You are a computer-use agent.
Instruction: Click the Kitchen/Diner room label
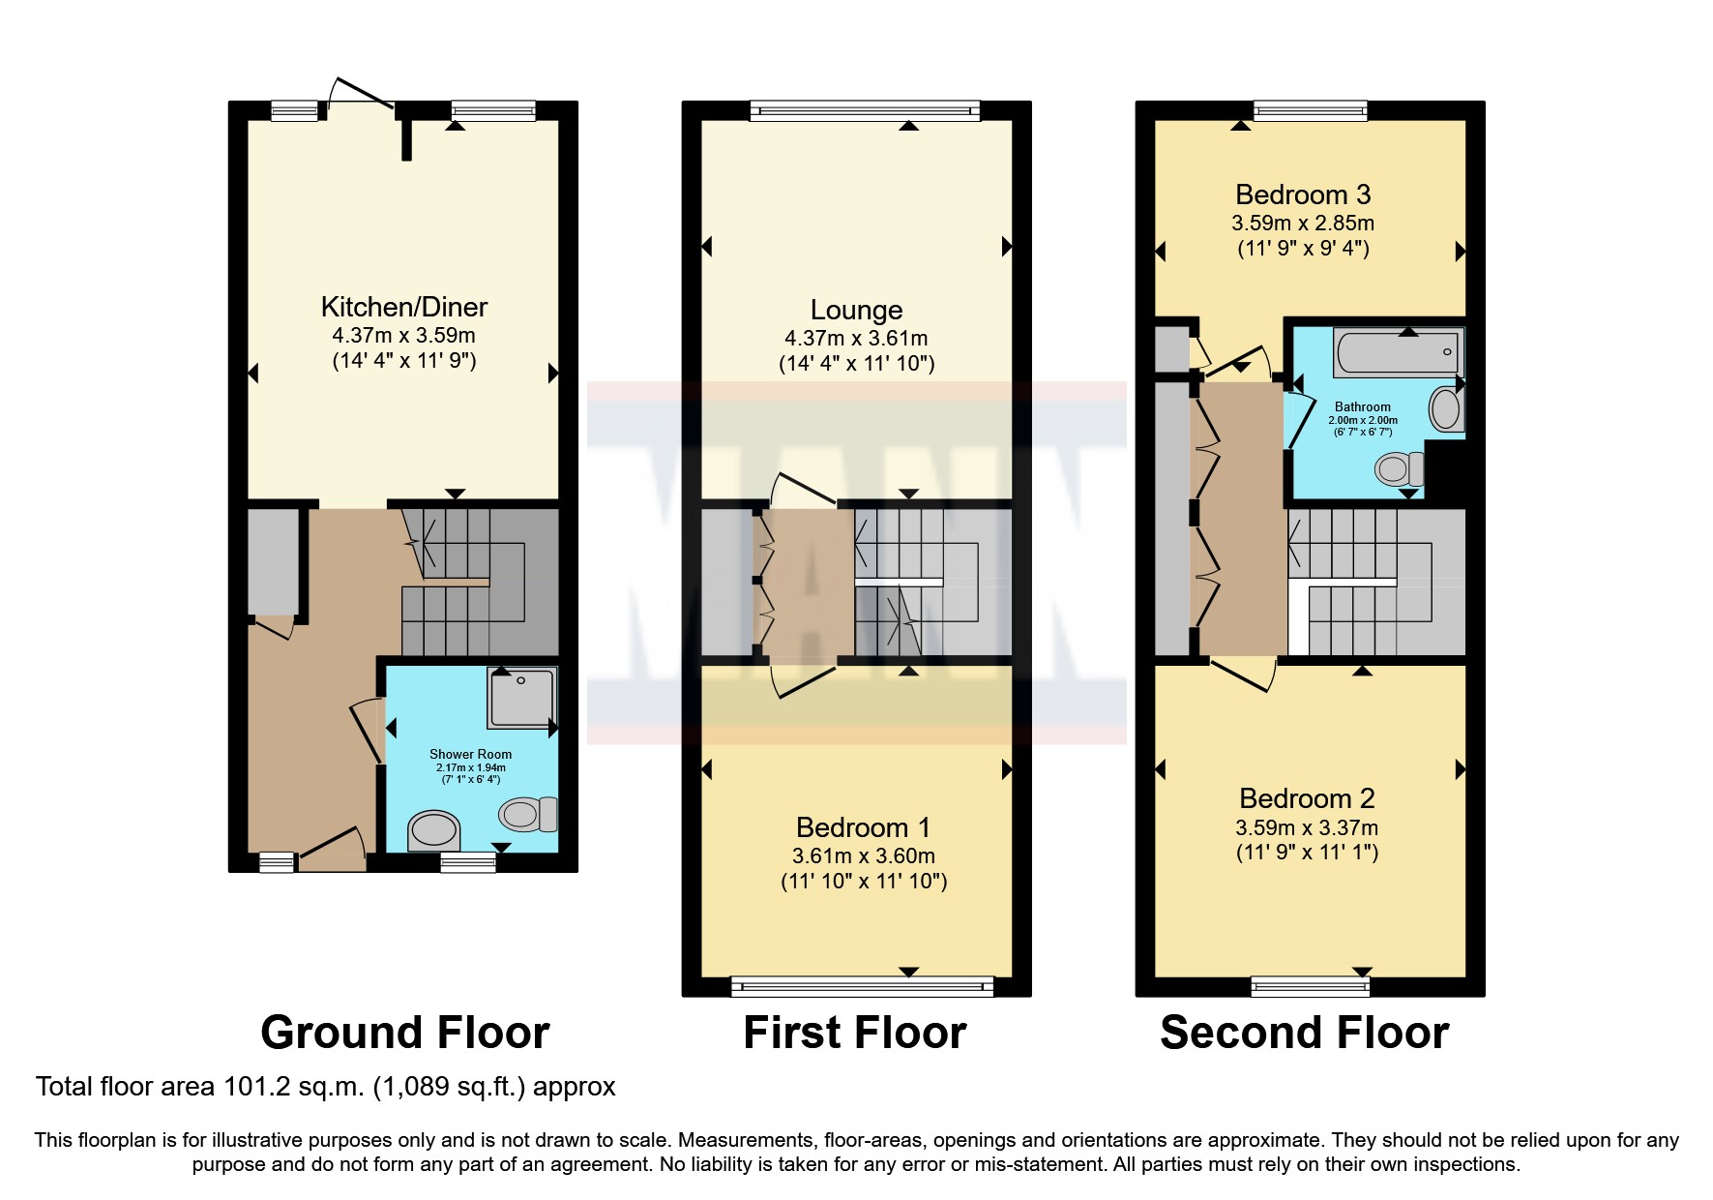404,307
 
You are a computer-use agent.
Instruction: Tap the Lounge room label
856,310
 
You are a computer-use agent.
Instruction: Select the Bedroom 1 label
863,827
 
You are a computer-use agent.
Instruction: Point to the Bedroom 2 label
1307,798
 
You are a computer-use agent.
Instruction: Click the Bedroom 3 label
1303,195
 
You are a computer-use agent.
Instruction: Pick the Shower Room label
471,754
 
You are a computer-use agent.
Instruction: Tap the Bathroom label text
1363,407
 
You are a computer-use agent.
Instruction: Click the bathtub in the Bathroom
1398,352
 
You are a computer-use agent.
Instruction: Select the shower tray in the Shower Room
523,697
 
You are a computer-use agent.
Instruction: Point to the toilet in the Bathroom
1399,469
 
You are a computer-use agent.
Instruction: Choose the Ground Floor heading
405,1033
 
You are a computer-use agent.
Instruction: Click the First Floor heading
855,1033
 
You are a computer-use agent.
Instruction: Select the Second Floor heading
1305,1033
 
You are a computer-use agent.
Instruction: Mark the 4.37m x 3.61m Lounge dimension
856,339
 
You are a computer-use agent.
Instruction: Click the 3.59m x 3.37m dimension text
1307,828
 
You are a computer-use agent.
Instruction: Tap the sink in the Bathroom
1446,409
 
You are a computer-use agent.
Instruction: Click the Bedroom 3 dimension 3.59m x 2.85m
1303,224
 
